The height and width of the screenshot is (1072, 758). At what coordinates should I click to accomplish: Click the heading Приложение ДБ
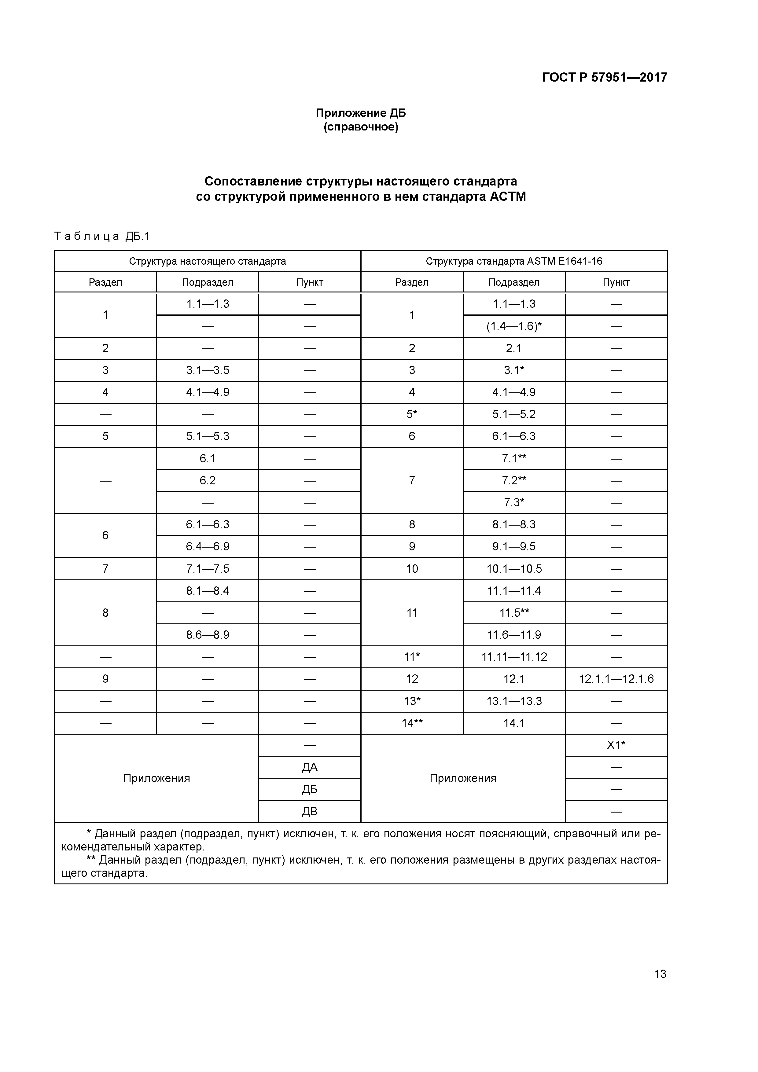(x=361, y=113)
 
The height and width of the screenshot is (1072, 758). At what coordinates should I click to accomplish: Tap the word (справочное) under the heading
(x=361, y=127)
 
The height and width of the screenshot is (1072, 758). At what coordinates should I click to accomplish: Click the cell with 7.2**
(x=514, y=480)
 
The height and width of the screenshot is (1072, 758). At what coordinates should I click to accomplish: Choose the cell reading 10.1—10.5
(x=514, y=569)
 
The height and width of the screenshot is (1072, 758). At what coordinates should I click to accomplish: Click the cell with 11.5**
(x=514, y=613)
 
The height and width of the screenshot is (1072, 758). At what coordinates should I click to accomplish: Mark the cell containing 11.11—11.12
(x=514, y=657)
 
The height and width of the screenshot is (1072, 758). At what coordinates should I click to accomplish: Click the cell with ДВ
(x=309, y=811)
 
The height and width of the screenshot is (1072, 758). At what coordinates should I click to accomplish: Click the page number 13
(x=660, y=974)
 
